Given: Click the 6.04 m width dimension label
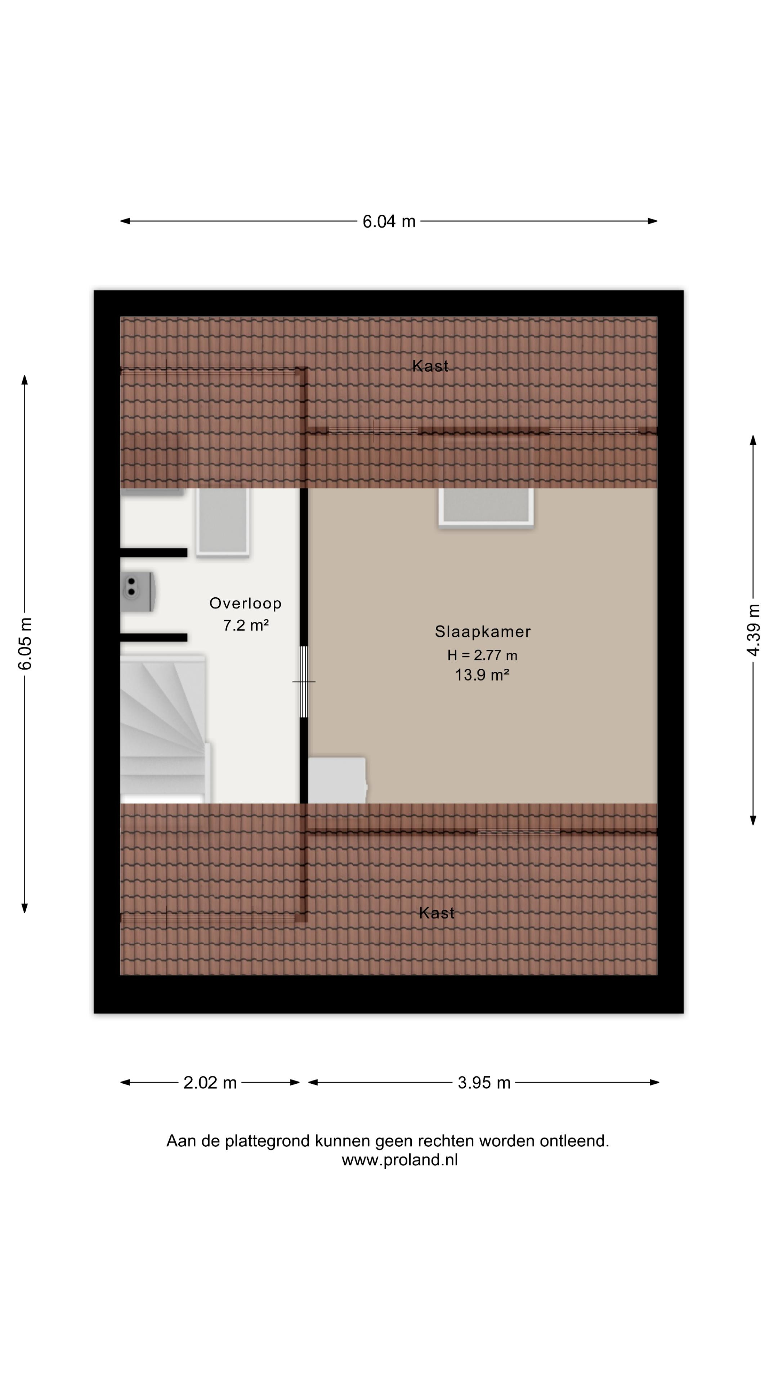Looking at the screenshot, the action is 389,221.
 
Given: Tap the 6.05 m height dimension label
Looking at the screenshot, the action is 25,643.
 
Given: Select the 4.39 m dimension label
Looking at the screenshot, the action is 753,630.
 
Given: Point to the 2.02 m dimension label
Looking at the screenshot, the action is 210,1082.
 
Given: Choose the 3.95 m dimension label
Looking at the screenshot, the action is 484,1082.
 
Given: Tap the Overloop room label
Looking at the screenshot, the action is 245,604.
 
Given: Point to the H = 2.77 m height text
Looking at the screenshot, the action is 482,655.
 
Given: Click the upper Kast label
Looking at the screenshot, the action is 430,366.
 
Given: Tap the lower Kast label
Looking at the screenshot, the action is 437,913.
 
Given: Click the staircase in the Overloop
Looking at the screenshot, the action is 164,729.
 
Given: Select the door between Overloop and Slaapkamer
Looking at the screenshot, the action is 304,682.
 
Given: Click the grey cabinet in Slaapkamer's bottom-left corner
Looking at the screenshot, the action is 337,780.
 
